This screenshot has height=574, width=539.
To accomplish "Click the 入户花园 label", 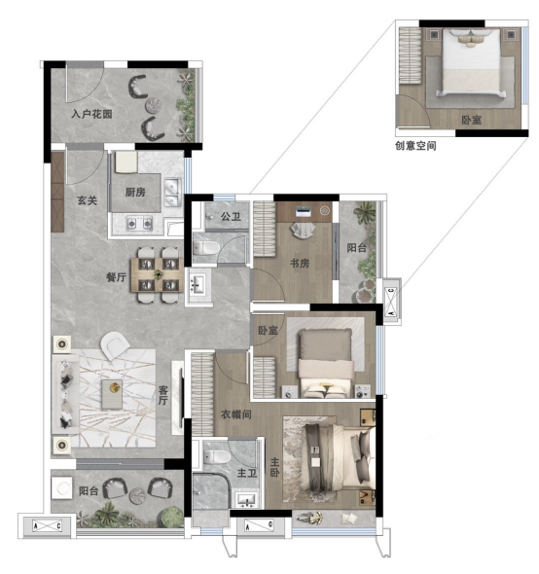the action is (x=91, y=114).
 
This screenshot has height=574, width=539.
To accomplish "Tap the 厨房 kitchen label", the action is (x=135, y=192).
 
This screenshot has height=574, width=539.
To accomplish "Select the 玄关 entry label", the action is (x=87, y=200).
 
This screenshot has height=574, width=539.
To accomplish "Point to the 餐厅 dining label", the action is (x=116, y=277).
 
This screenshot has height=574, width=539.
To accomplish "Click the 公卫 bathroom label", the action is (x=231, y=216).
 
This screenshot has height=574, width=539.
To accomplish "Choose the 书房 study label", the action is (x=300, y=263).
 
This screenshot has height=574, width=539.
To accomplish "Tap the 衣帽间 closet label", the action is (x=236, y=414).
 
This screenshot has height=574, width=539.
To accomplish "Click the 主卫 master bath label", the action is (x=247, y=473).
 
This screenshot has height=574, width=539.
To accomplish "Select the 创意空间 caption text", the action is (x=415, y=146).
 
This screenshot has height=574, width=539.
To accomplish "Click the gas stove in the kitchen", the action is (x=139, y=223).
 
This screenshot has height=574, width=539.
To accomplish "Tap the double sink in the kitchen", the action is (x=172, y=192).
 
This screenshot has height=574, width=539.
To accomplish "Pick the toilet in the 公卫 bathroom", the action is (x=206, y=248).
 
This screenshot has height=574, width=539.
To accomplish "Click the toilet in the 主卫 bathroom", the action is (x=217, y=456).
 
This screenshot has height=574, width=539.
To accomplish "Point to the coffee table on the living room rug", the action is (x=112, y=394).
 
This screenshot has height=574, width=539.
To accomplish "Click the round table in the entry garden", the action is (x=153, y=105).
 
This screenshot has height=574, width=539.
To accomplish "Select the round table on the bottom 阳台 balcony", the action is (x=138, y=496).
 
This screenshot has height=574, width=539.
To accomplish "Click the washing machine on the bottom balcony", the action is (x=62, y=487).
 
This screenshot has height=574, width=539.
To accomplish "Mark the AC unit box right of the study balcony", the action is (x=391, y=302).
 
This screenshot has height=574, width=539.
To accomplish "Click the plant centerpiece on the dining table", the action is (x=158, y=274).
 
